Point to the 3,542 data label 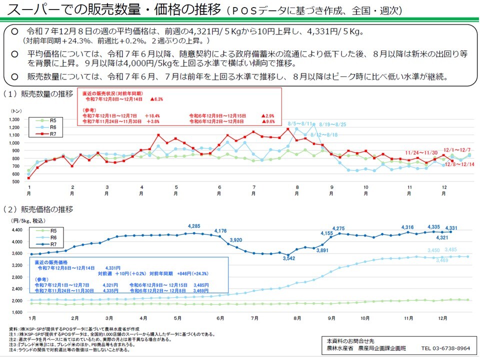click(288, 258)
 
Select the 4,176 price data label click(220, 230)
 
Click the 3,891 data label click(321, 250)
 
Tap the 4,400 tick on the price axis click(17, 230)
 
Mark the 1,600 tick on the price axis click(17, 312)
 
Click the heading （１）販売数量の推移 click(38, 93)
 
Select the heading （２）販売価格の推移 click(38, 208)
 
